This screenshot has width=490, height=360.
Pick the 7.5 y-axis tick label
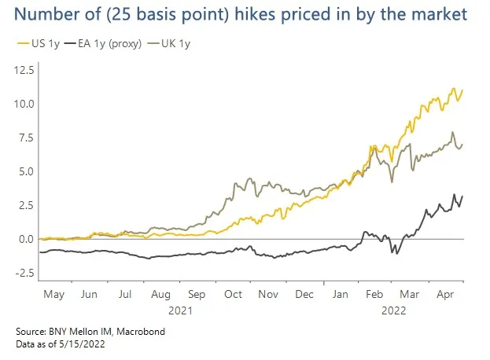click(x=24, y=138)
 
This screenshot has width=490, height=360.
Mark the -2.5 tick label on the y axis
click(x=23, y=273)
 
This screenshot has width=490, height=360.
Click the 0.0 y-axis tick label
click(x=24, y=239)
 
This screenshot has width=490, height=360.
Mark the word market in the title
click(x=442, y=15)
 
